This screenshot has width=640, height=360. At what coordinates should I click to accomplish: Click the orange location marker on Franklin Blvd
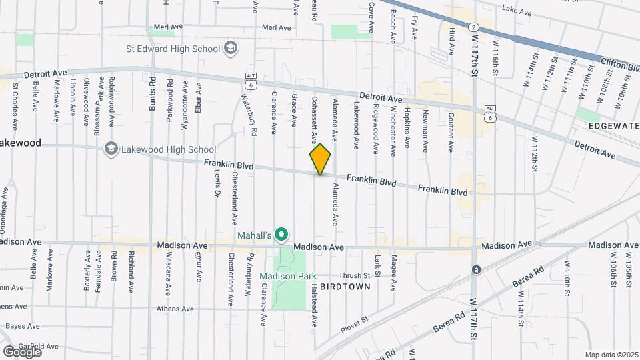pyautogui.click(x=320, y=159)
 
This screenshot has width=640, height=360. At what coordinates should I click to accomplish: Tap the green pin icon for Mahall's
pyautogui.click(x=282, y=234)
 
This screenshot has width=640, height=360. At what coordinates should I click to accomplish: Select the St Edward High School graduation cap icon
pyautogui.click(x=231, y=48)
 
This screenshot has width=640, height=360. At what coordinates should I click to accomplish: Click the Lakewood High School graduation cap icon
pyautogui.click(x=111, y=149)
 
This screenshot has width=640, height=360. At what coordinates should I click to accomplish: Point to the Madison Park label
pyautogui.click(x=287, y=276)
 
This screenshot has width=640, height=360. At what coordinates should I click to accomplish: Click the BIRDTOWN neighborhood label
pyautogui.click(x=345, y=286)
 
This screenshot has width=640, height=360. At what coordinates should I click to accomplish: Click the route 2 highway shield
pyautogui.click(x=473, y=27)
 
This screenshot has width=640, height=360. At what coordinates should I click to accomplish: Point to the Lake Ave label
pyautogui.click(x=517, y=11)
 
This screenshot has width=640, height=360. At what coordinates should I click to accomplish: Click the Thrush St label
pyautogui.click(x=354, y=275)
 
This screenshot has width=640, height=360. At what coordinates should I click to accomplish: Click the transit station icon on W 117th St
pyautogui.click(x=476, y=270)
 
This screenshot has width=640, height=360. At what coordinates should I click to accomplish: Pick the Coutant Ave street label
pyautogui.click(x=451, y=136)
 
